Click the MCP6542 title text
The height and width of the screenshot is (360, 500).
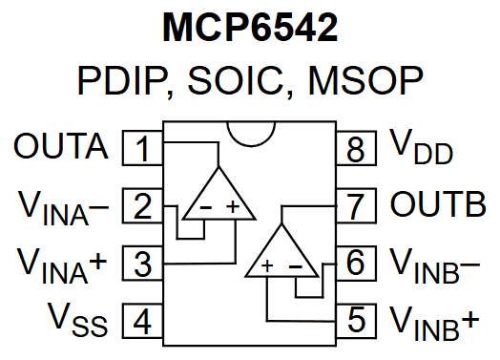point(249,29)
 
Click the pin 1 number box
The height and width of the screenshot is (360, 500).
point(143,149)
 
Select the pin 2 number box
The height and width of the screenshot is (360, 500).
point(143,206)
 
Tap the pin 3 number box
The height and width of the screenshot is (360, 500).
point(143,263)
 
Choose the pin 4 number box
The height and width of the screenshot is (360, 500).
point(143,320)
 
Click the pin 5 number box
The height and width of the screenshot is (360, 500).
point(355,320)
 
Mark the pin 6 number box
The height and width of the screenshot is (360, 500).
point(355,263)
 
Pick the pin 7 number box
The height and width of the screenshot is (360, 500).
point(355,206)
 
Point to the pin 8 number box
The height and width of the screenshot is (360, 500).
point(355,149)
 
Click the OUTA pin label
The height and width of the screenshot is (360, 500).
point(61,148)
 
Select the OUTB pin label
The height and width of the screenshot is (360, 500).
point(438,205)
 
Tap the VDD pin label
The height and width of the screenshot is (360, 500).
point(421,149)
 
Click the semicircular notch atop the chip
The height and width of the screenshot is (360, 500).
point(249,134)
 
